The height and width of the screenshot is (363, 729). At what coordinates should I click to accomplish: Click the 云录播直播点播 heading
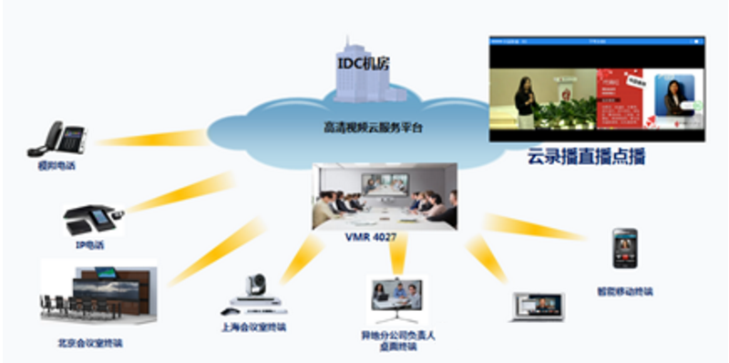pos(586,157)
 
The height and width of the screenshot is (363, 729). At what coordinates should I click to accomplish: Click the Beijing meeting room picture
pos(98,295)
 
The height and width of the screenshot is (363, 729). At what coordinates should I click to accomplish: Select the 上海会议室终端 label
pos(252,327)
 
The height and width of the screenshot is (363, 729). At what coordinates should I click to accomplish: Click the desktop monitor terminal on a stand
pos(396,301)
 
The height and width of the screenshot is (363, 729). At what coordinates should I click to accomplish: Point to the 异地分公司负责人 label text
pos(398,336)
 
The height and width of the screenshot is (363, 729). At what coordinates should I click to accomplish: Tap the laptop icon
pos(538,306)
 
